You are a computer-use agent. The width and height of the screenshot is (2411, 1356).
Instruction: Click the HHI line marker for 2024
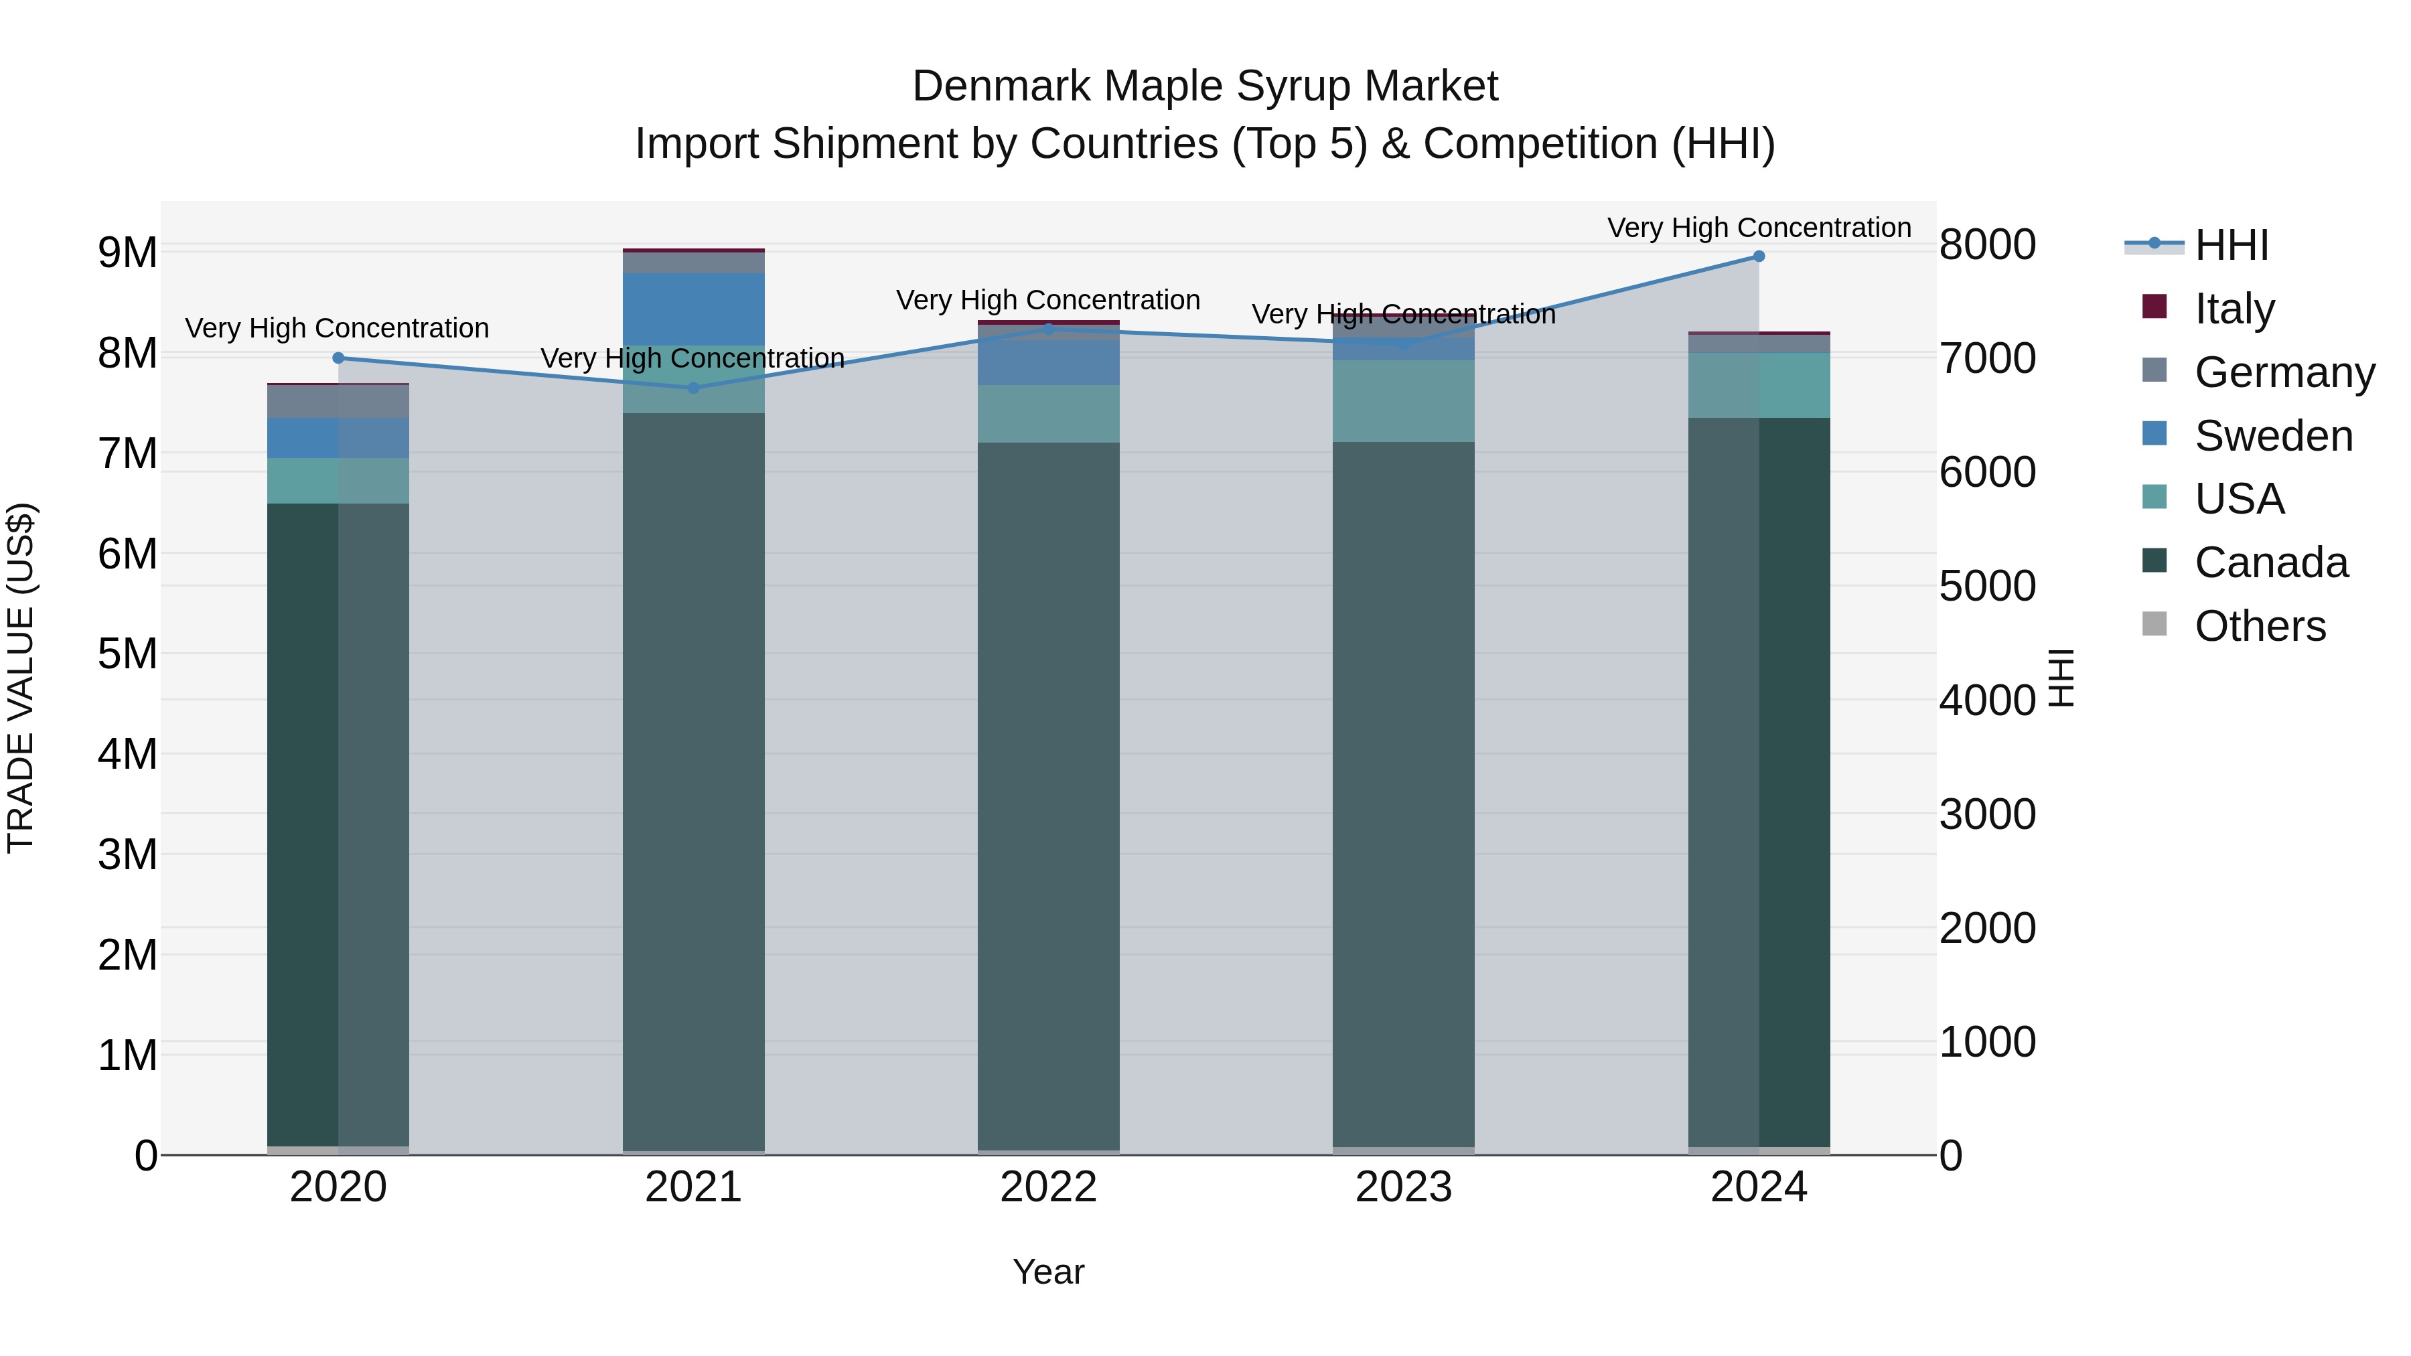coord(1759,256)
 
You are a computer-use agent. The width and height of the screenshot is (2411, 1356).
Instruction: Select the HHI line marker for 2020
coord(339,358)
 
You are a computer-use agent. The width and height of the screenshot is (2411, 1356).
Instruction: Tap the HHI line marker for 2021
coord(694,388)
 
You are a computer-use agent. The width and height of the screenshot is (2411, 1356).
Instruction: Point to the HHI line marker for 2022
coord(1048,329)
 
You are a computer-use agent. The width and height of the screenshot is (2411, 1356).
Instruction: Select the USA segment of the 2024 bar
coord(1759,386)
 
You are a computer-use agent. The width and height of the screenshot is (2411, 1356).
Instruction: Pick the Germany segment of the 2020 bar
coord(339,402)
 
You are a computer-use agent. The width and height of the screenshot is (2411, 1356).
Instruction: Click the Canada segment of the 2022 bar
coord(1048,796)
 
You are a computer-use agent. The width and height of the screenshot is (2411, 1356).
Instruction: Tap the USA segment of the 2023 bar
coord(1403,402)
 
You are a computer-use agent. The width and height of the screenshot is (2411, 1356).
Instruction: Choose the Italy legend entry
coord(2234,309)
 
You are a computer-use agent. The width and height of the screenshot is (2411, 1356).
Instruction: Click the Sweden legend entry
coord(2272,436)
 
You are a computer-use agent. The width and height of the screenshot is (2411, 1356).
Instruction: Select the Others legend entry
coord(2260,626)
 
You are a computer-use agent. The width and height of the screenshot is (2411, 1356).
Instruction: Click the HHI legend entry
coord(2232,245)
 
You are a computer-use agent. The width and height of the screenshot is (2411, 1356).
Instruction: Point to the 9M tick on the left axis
coord(127,252)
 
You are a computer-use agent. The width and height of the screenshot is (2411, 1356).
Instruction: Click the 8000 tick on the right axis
coord(1987,245)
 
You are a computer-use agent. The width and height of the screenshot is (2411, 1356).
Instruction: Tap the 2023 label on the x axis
coord(1403,1187)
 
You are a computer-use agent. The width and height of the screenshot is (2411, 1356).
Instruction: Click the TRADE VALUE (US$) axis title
coord(21,678)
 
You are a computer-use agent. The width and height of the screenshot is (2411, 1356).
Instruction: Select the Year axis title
coord(1048,1272)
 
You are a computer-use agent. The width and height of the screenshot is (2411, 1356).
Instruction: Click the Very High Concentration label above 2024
coord(1759,228)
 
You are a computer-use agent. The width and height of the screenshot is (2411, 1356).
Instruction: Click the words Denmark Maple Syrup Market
coord(1205,86)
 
